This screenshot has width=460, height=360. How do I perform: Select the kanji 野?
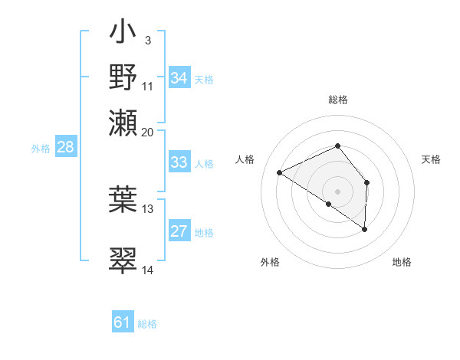(x=123, y=77)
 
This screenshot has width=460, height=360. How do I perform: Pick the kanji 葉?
(x=123, y=197)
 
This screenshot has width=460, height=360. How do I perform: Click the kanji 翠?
(x=123, y=260)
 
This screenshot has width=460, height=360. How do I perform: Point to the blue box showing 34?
(x=179, y=78)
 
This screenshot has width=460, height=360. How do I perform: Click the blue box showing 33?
(x=179, y=162)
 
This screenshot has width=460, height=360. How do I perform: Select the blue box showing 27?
(x=179, y=231)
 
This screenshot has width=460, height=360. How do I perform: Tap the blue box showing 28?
(x=65, y=148)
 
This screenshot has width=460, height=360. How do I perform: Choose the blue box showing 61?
(x=123, y=322)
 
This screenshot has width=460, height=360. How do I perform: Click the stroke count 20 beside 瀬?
(x=148, y=131)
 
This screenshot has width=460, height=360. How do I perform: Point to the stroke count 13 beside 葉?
(x=148, y=208)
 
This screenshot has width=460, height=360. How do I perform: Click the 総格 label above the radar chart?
(x=337, y=100)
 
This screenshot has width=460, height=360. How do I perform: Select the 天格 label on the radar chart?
(x=431, y=159)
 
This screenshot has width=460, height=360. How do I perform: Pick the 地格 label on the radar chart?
(x=402, y=262)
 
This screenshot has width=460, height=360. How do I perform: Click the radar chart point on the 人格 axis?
(x=280, y=173)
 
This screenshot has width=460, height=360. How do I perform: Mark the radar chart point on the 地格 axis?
(x=365, y=229)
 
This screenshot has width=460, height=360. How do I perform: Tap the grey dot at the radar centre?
(x=337, y=191)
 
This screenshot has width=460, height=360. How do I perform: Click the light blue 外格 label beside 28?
(x=40, y=149)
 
